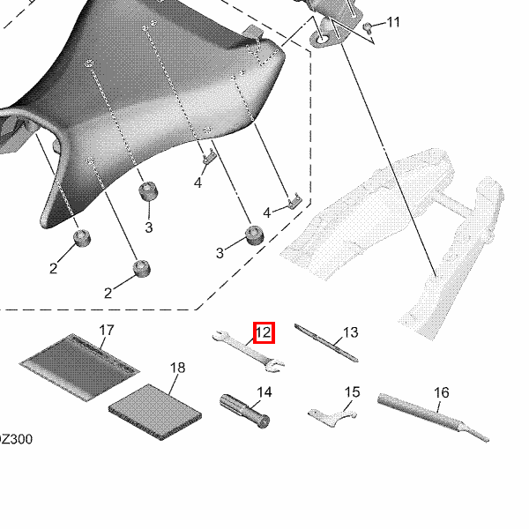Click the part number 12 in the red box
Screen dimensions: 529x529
click(x=264, y=332)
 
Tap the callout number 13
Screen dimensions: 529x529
click(x=351, y=332)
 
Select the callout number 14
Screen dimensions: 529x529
click(x=264, y=392)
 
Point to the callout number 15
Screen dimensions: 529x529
click(x=352, y=392)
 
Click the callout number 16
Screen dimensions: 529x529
click(x=442, y=392)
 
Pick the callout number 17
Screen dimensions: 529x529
click(x=107, y=330)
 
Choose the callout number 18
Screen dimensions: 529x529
click(x=178, y=368)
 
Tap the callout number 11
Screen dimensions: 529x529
click(x=392, y=22)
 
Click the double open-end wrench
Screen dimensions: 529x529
click(x=249, y=352)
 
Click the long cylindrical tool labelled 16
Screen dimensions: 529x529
click(x=433, y=417)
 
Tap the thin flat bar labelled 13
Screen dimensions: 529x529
click(x=326, y=342)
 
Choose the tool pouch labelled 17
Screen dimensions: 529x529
click(x=79, y=367)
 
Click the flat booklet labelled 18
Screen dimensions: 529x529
click(x=155, y=412)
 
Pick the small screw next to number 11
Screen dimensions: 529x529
click(x=367, y=27)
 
